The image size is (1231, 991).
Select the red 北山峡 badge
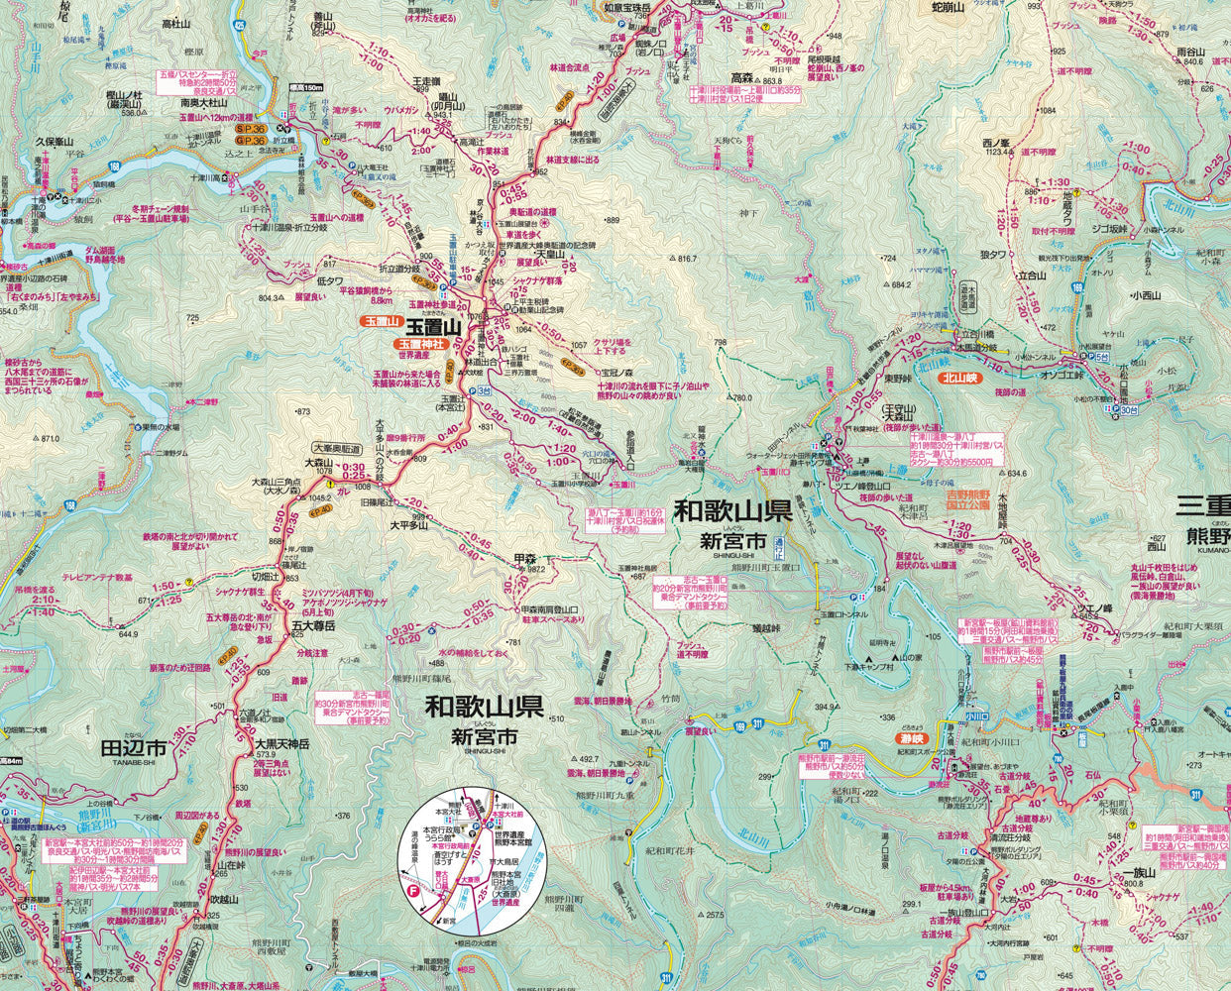click(960, 378)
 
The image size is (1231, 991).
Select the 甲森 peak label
click(525, 560)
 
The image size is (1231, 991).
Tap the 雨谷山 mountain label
click(1189, 52)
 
